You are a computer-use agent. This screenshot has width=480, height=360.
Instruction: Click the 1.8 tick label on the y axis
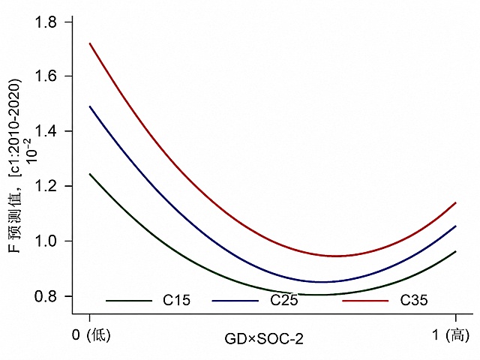pyautogui.click(x=46, y=22)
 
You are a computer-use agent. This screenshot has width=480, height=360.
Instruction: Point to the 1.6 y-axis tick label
pyautogui.click(x=46, y=76)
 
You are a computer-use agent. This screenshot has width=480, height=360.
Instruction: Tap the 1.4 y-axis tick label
pyautogui.click(x=46, y=131)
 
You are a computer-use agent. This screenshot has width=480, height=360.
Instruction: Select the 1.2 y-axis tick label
pyautogui.click(x=46, y=186)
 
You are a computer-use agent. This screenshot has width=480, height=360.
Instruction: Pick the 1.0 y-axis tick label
pyautogui.click(x=46, y=241)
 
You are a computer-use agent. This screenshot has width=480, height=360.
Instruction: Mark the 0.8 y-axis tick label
pyautogui.click(x=46, y=296)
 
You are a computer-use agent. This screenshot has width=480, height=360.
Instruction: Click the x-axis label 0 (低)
pyautogui.click(x=91, y=335)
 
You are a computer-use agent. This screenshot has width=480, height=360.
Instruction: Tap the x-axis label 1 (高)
pyautogui.click(x=451, y=335)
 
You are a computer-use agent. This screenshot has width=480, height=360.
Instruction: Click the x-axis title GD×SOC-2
pyautogui.click(x=264, y=339)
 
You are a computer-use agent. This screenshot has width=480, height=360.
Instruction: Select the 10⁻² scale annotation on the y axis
pyautogui.click(x=31, y=151)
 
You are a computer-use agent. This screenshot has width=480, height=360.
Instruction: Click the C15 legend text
pyautogui.click(x=177, y=300)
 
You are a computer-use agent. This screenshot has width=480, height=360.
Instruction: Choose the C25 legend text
pyautogui.click(x=283, y=300)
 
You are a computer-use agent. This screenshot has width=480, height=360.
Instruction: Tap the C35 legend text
pyautogui.click(x=414, y=300)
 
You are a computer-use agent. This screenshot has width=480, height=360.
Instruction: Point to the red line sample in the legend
pyautogui.click(x=365, y=301)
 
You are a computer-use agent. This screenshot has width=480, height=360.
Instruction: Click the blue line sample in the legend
pyautogui.click(x=235, y=301)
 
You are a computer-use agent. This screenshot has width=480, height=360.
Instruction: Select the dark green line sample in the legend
pyautogui.click(x=129, y=301)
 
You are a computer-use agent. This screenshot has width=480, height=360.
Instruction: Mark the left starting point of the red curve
pyautogui.click(x=90, y=43)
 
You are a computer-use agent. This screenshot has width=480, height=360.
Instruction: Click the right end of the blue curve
pyautogui.click(x=456, y=226)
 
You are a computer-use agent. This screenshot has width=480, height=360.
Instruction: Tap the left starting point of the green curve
pyautogui.click(x=90, y=174)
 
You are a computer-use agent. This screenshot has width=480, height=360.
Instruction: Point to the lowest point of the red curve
pyautogui.click(x=337, y=256)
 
